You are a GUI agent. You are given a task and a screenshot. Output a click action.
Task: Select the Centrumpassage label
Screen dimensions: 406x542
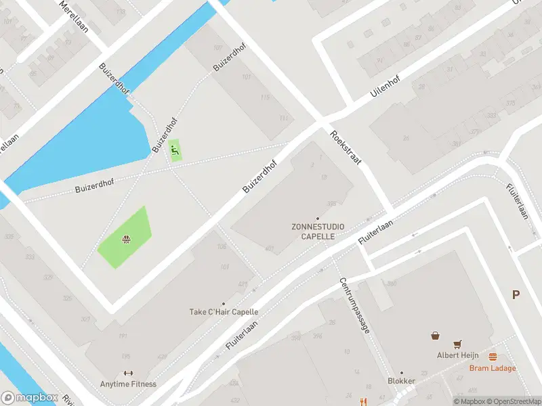[x=354, y=305]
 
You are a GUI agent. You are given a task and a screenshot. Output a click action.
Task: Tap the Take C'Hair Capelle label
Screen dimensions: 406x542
[x=224, y=312]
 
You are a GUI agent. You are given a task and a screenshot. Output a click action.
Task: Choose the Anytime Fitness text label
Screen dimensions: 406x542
[x=128, y=384]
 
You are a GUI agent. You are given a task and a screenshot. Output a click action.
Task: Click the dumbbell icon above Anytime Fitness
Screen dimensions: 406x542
[x=128, y=373]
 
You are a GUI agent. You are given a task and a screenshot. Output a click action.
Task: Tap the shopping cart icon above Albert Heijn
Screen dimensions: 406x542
[x=459, y=344]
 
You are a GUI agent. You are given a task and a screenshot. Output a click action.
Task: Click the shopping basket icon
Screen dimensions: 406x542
[x=435, y=335]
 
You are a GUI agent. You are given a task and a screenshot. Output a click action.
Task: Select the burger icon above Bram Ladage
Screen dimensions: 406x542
[x=493, y=357]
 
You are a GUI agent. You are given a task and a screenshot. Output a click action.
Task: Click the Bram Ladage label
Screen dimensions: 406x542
[x=493, y=368]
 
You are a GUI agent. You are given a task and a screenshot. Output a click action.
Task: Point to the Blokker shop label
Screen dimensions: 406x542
[x=401, y=381]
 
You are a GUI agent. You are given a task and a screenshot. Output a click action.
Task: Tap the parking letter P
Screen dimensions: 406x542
[x=516, y=294]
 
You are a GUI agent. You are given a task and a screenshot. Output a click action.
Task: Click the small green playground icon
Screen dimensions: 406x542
[x=175, y=149]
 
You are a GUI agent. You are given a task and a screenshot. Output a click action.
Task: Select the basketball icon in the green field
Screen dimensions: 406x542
[x=126, y=239]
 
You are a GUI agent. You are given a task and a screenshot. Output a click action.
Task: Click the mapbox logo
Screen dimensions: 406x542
[x=29, y=398]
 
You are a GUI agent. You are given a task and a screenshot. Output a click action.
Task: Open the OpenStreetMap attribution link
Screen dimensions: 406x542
[x=512, y=401]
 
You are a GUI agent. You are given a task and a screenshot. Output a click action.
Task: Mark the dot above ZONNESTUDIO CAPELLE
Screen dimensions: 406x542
[x=318, y=218]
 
